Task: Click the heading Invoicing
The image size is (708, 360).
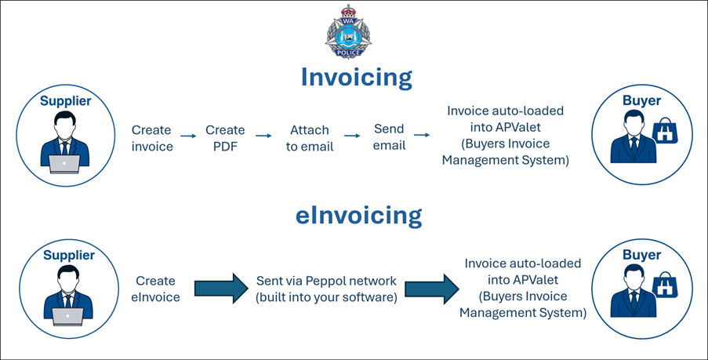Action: [x=356, y=77]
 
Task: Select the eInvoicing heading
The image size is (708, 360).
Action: [x=358, y=215]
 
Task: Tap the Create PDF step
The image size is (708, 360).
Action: [x=225, y=138]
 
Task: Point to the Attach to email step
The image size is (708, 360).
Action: [x=309, y=138]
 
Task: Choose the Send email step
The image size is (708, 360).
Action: [x=389, y=137]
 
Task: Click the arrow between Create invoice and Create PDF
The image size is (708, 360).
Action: [x=188, y=136]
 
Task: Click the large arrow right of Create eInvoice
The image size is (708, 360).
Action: [x=220, y=288]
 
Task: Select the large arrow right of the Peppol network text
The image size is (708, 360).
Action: [x=430, y=288]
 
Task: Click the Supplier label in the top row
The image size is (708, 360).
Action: [x=66, y=100]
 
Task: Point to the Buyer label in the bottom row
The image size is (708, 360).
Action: [x=641, y=254]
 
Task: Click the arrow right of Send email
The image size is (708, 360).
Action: [x=422, y=136]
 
